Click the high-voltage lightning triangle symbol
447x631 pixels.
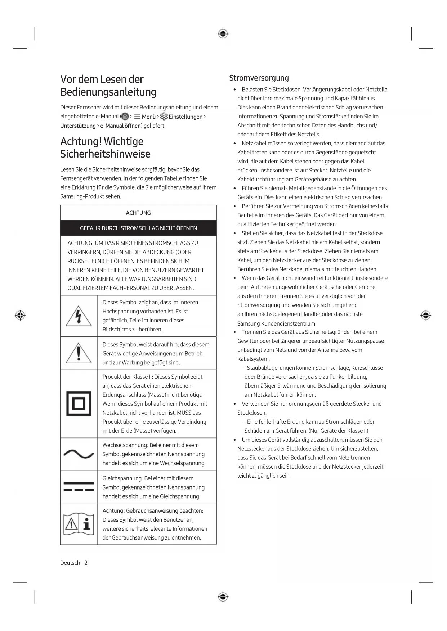pos(79,316)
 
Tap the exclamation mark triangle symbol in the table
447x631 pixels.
pos(79,353)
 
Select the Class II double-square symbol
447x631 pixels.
pos(79,403)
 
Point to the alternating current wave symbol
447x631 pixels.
pos(79,454)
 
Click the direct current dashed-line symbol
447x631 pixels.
pos(79,486)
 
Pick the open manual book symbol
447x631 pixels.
pos(79,524)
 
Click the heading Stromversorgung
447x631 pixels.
pos(259,78)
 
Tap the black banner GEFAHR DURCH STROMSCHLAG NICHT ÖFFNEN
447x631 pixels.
pos(138,228)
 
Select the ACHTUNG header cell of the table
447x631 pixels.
pos(138,213)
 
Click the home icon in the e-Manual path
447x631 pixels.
pos(125,117)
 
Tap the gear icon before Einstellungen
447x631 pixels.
pos(164,117)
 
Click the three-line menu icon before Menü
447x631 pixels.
pos(137,117)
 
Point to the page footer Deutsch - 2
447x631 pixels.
pos(74,563)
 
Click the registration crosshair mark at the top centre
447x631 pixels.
pos(223,34)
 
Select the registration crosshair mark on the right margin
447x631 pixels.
pos(426,315)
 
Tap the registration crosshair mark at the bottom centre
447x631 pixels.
pos(223,597)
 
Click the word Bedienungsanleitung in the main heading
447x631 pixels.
pos(108,92)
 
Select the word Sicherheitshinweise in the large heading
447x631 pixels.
pos(105,154)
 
